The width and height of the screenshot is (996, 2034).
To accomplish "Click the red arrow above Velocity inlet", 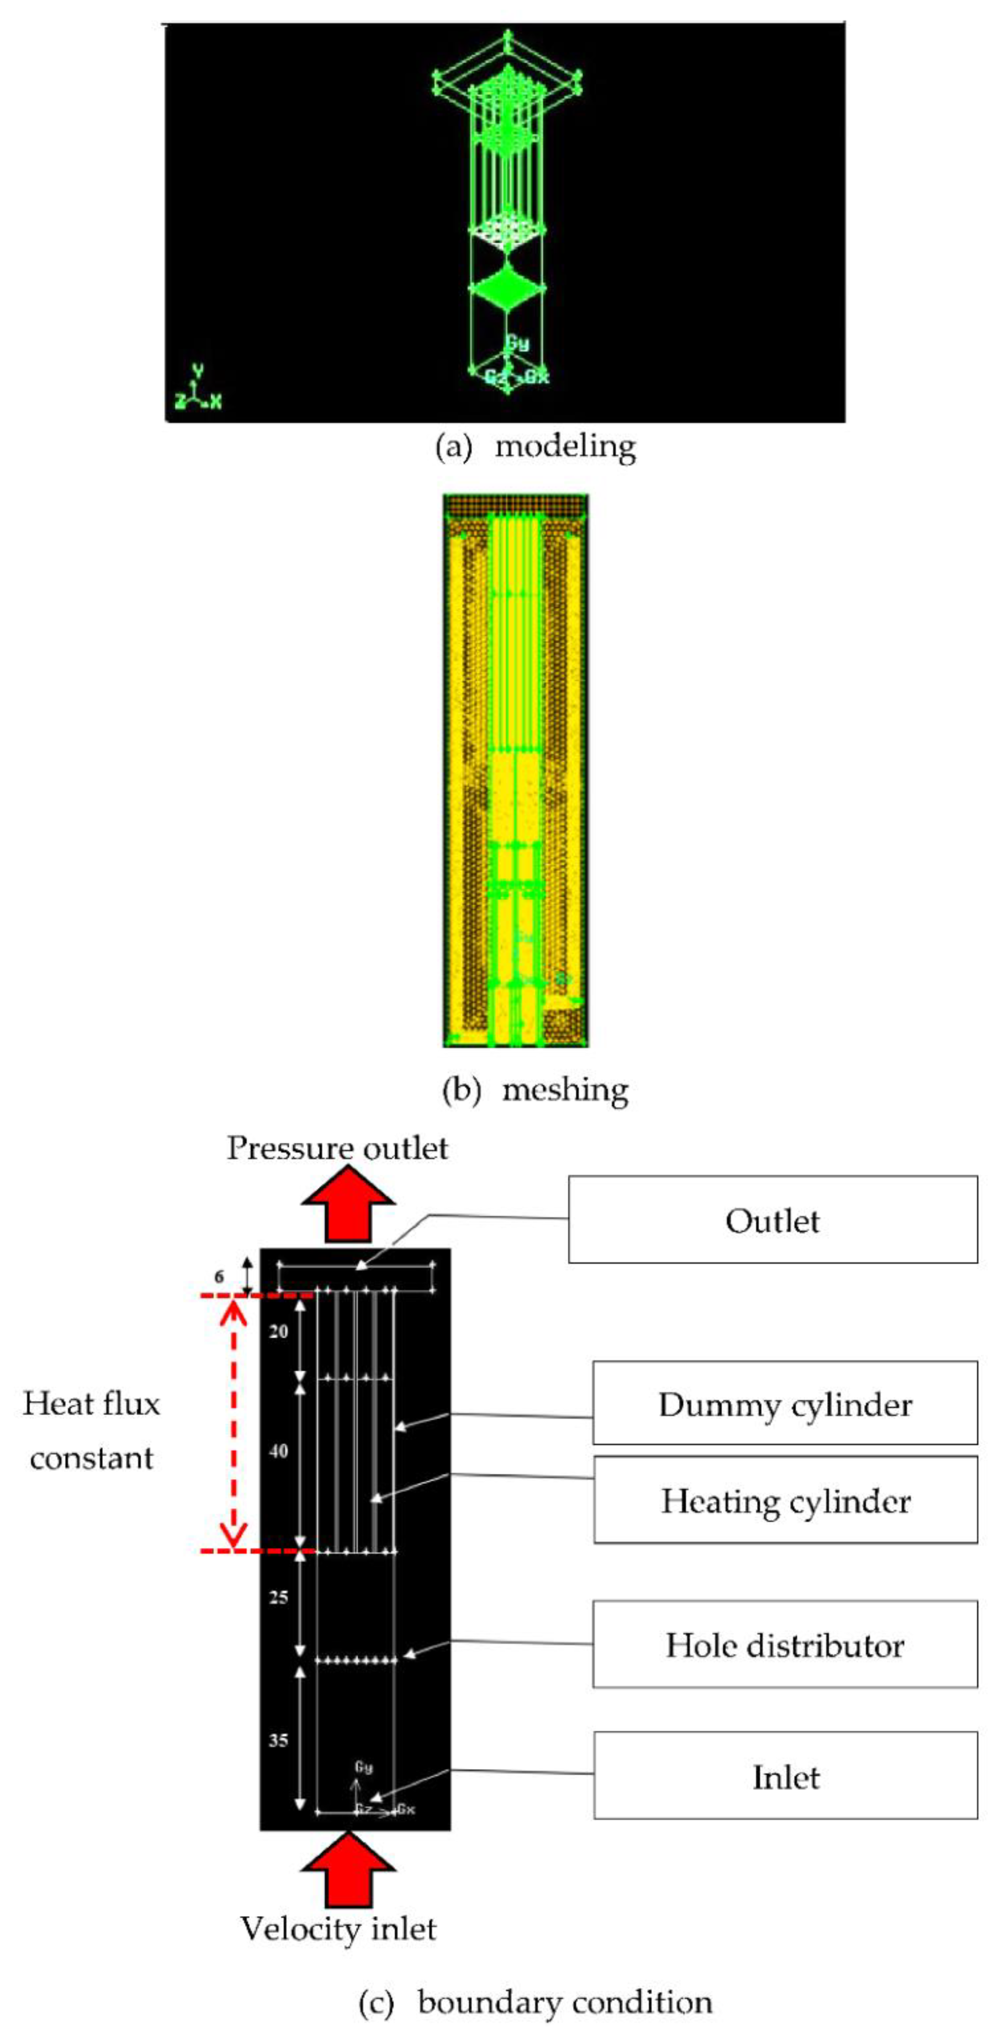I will click(x=348, y=1868).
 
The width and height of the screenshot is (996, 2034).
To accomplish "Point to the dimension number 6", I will click(x=219, y=1277).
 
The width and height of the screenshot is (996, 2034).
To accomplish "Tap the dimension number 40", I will click(x=279, y=1451).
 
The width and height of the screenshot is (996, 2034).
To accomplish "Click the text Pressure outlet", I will click(x=338, y=1148).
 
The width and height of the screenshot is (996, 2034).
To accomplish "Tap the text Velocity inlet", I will click(x=338, y=1929).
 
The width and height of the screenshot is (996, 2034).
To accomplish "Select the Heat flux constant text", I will click(x=92, y=1431).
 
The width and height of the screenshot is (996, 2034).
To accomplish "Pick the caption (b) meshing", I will click(x=536, y=1090).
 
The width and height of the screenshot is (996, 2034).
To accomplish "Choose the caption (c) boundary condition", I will click(x=536, y=2001).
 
